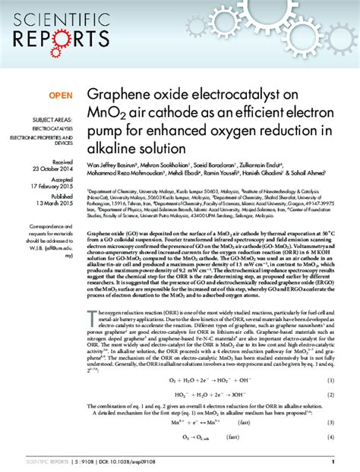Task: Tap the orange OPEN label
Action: pos(61,95)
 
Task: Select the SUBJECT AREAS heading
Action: pos(52,121)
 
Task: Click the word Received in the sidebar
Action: pos(62,161)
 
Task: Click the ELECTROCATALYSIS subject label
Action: pos(52,130)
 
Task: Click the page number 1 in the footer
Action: pos(333,461)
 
